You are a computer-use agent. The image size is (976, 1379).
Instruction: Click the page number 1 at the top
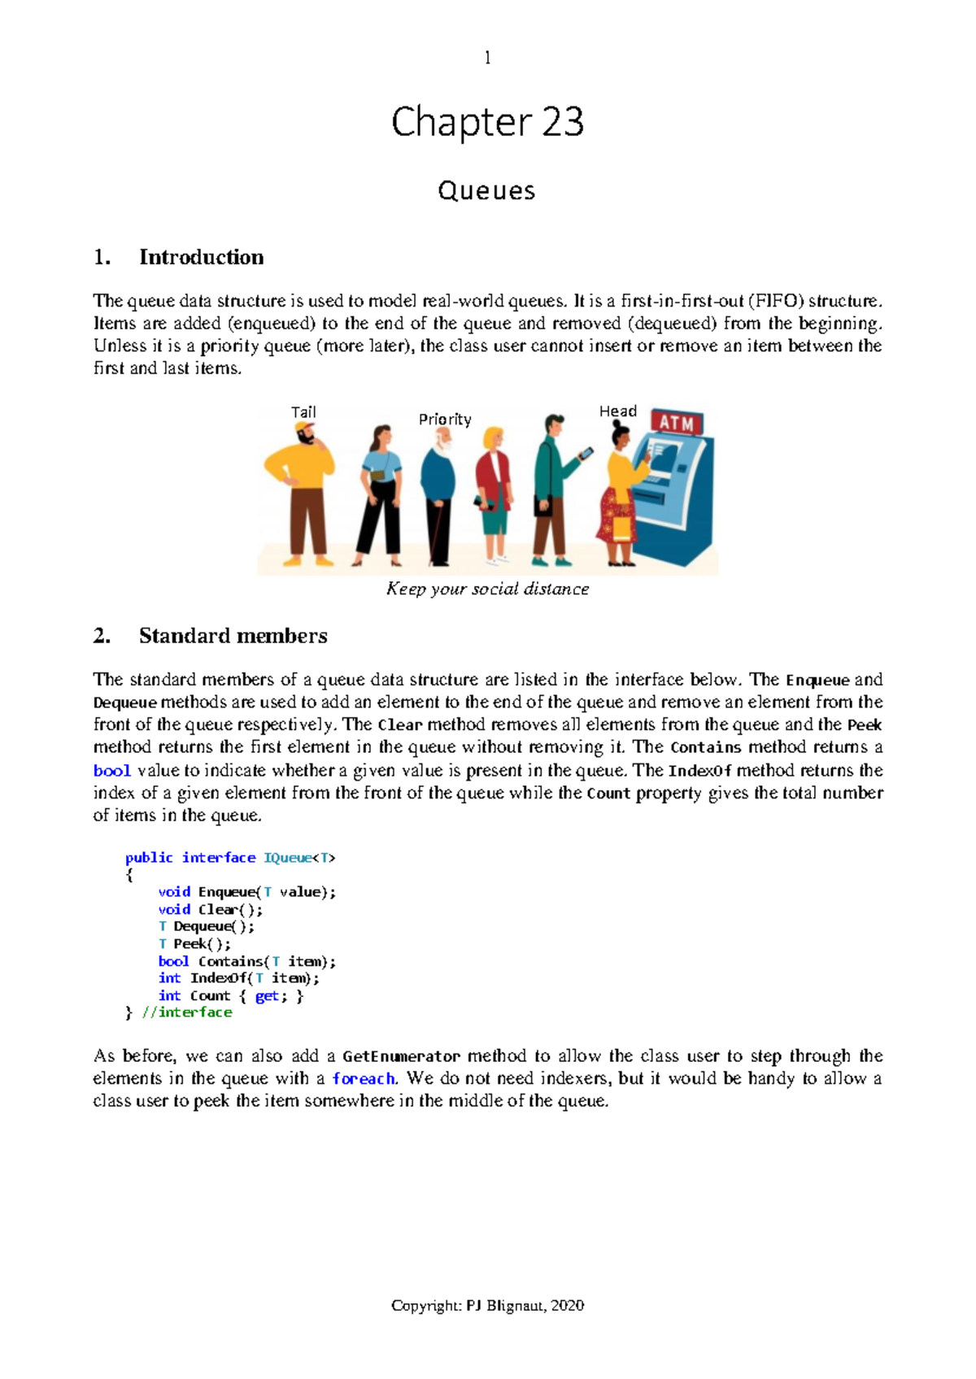tap(487, 58)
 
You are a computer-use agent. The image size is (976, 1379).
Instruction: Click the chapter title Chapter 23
tap(487, 122)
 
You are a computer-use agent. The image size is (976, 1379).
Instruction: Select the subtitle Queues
tap(486, 190)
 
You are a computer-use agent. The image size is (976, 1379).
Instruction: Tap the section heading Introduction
tap(201, 257)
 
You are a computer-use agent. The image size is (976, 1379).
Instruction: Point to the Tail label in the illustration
tap(303, 412)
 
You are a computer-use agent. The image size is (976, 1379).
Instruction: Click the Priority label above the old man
tap(445, 420)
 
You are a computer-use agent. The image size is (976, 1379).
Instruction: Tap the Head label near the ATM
tap(617, 411)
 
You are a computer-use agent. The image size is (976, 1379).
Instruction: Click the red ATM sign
tap(677, 423)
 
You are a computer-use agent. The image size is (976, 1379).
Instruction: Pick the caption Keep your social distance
tap(487, 589)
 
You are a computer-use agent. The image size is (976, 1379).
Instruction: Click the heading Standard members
tap(233, 636)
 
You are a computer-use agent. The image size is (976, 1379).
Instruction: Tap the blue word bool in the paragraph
tap(111, 771)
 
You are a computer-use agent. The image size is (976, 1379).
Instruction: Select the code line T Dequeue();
tap(206, 926)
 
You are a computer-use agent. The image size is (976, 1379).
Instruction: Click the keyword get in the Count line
tap(266, 995)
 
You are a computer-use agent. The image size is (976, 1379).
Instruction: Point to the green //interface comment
tap(187, 1012)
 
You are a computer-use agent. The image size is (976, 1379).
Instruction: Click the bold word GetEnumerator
tap(401, 1056)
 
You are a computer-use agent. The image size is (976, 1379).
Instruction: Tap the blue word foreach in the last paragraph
tap(363, 1079)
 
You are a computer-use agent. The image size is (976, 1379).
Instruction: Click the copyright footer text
tap(487, 1306)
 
